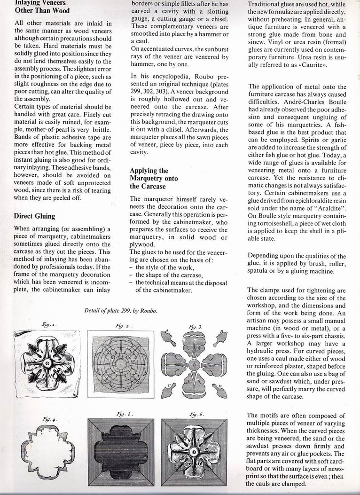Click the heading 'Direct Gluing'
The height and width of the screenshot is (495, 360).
click(x=35, y=216)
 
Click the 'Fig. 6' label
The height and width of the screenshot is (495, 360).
click(x=195, y=415)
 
